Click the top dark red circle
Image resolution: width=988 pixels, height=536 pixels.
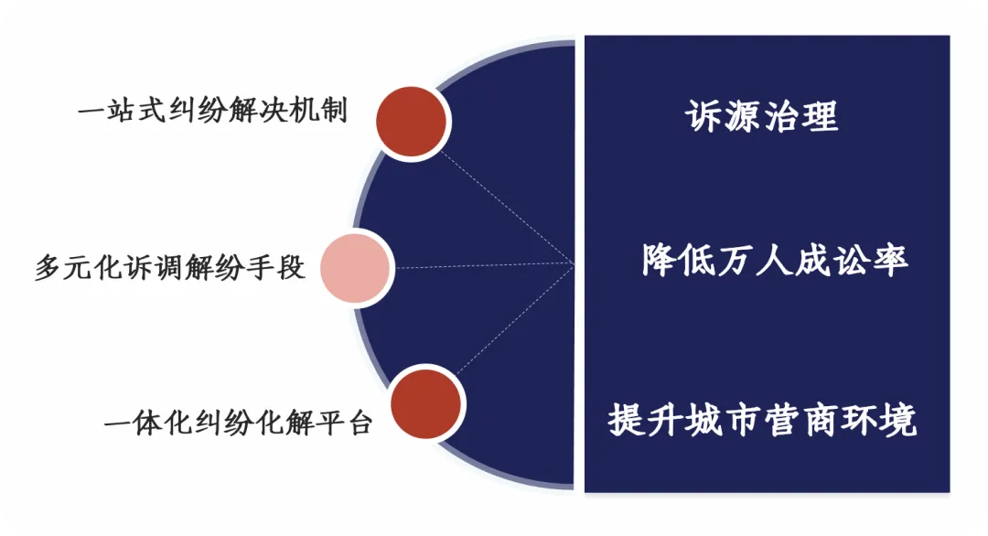[411, 122]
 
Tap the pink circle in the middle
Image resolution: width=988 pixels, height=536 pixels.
[356, 268]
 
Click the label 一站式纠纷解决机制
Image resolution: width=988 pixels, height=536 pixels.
[213, 113]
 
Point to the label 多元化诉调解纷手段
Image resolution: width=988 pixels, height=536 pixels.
[170, 269]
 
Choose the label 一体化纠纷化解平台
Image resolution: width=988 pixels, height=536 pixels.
[238, 423]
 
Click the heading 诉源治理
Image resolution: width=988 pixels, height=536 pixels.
[762, 116]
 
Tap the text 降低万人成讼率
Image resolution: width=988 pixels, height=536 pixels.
[775, 261]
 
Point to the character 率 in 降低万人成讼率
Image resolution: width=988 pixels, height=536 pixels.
[889, 261]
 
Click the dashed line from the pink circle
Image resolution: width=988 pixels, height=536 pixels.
[485, 266]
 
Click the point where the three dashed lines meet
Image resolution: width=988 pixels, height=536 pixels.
[574, 264]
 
